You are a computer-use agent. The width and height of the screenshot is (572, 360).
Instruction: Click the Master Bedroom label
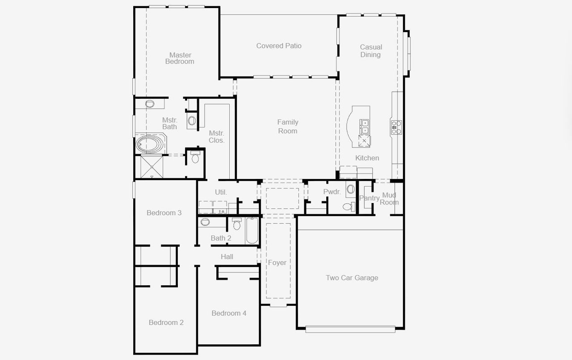(x=180, y=59)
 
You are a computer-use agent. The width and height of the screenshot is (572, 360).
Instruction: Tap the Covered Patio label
(x=279, y=46)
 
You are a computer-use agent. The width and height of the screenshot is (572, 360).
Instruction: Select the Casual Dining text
(x=371, y=51)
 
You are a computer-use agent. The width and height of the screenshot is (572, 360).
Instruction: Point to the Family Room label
(x=287, y=127)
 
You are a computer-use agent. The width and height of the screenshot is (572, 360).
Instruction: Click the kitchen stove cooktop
(x=396, y=127)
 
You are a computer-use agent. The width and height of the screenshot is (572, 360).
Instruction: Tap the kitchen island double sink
(x=365, y=127)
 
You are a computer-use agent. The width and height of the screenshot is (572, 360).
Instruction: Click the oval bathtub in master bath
(x=150, y=144)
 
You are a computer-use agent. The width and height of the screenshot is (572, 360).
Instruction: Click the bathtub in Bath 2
(x=252, y=230)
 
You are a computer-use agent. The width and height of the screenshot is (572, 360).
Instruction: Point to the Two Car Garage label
(x=352, y=278)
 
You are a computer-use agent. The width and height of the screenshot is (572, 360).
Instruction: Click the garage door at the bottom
(x=350, y=330)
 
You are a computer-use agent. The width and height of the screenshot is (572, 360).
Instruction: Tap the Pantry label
(x=369, y=198)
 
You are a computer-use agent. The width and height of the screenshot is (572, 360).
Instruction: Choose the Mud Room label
(x=389, y=199)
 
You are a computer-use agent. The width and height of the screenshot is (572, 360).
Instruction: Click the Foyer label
(x=277, y=263)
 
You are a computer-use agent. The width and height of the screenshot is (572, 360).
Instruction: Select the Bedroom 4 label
(x=229, y=313)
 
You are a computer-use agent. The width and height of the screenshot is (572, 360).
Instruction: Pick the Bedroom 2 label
(x=166, y=322)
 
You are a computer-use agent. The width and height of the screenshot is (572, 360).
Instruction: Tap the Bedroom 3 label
(x=164, y=213)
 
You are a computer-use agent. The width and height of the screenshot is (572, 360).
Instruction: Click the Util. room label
(x=221, y=192)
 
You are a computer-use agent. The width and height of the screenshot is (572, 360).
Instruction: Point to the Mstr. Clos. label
(x=217, y=137)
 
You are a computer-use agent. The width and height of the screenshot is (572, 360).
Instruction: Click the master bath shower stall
(x=152, y=167)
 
